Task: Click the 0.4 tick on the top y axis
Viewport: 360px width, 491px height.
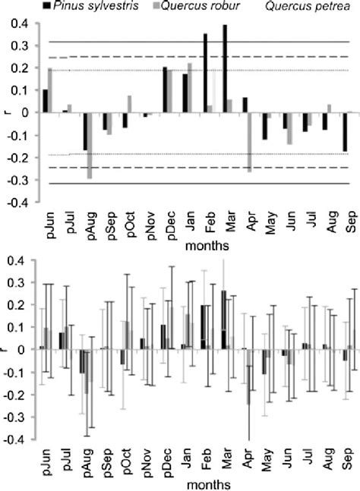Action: point(24,24)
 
